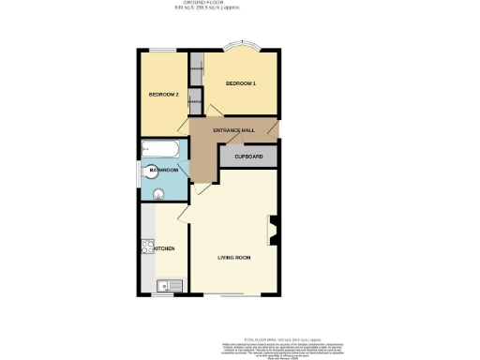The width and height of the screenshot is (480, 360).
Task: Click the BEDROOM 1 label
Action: [x=241, y=84]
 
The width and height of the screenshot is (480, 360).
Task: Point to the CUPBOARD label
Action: [x=248, y=157]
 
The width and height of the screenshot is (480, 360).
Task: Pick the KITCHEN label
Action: [x=162, y=248]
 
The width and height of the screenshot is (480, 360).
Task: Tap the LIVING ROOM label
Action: [x=234, y=256]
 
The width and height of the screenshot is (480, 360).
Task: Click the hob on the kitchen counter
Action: [x=147, y=248]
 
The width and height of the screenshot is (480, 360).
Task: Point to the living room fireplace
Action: [x=274, y=230]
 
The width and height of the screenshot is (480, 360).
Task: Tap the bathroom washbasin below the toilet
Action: [x=159, y=195]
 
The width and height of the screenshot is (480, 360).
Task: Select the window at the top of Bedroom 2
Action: [x=164, y=51]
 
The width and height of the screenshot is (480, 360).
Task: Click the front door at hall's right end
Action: [x=271, y=128]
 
